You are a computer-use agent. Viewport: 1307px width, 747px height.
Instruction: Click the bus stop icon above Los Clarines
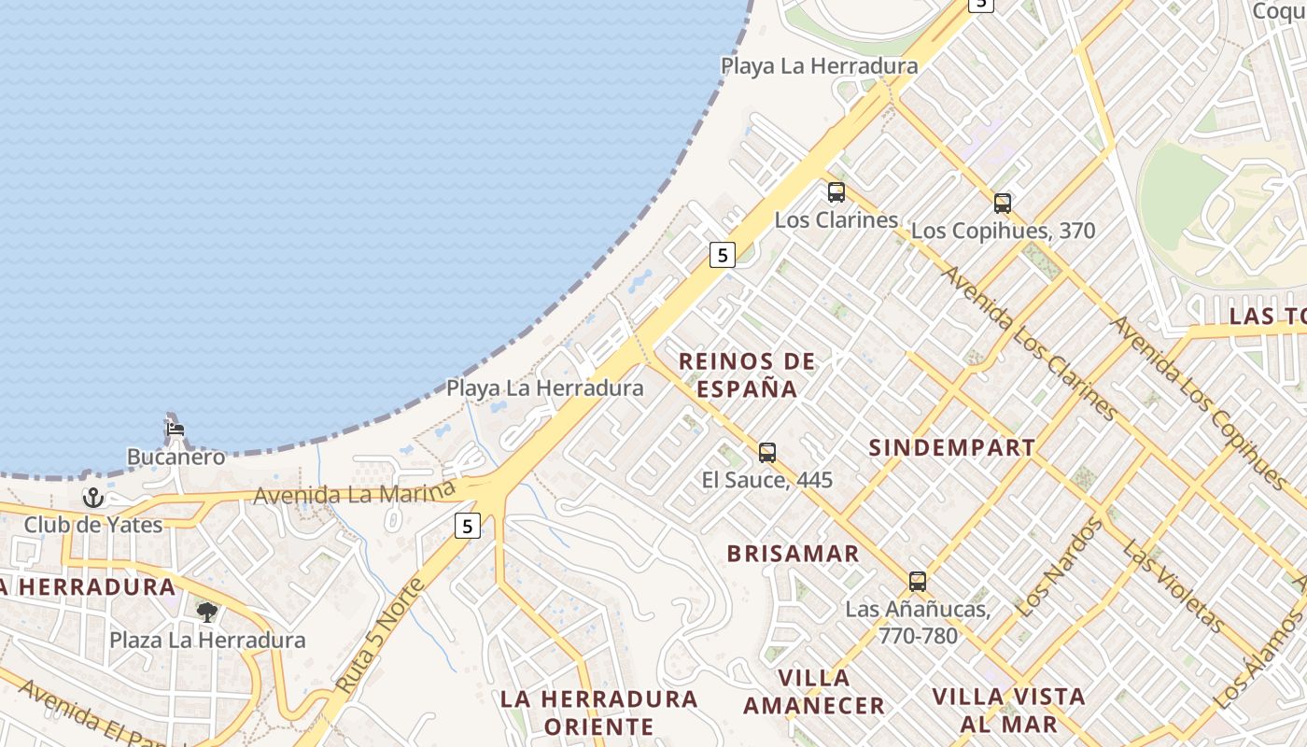836,192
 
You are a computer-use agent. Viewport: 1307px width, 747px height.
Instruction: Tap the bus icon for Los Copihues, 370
1003,203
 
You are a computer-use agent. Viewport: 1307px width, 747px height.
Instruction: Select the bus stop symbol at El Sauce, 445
767,453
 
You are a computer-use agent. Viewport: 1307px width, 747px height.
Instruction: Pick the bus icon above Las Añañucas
918,582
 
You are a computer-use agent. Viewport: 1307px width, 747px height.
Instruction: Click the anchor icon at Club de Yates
92,498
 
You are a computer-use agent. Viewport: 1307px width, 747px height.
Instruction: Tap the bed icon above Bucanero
175,430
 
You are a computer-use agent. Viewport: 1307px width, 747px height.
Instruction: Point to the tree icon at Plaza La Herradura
207,613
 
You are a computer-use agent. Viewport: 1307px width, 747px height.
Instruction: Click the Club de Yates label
93,525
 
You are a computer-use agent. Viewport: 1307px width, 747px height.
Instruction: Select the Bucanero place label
176,458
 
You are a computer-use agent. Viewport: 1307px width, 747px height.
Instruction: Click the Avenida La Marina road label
354,494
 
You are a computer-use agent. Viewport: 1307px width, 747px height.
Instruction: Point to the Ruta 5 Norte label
380,636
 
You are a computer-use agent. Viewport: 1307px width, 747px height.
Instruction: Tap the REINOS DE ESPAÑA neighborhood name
747,374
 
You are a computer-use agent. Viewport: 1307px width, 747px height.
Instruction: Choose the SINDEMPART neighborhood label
952,447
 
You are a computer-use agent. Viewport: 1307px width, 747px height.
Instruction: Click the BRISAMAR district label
794,554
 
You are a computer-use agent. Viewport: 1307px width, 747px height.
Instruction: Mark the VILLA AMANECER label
814,692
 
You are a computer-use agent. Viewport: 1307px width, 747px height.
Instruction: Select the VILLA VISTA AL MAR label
1009,710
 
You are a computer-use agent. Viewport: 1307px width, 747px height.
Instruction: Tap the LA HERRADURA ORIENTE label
599,712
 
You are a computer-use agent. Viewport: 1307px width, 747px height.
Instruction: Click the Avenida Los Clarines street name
1029,343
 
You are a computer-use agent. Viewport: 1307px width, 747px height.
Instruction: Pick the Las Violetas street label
1173,585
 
